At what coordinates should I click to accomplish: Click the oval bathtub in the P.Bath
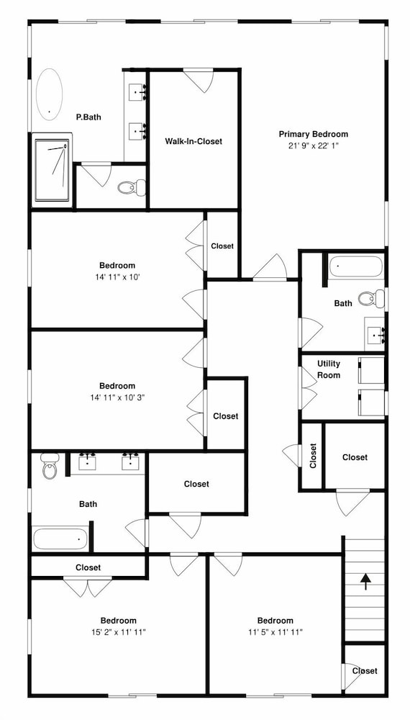point(49,94)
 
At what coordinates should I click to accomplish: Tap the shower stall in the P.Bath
point(52,171)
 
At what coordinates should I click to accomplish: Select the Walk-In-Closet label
point(193,141)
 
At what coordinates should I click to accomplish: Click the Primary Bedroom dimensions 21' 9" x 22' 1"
point(313,145)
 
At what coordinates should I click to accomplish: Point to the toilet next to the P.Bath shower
point(131,187)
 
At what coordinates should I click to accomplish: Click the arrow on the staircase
point(365,581)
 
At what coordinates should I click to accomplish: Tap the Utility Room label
point(329,369)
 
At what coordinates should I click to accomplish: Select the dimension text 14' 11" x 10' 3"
point(117,397)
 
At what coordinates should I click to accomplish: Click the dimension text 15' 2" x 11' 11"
point(118,632)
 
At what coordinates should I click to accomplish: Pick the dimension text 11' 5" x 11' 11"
point(275,632)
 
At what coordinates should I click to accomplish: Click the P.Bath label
point(88,117)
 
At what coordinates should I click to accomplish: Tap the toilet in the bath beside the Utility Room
point(371,298)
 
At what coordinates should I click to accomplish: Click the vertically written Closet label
point(313,456)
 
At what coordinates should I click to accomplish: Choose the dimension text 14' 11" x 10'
point(117,277)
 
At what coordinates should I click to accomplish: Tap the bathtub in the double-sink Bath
point(60,538)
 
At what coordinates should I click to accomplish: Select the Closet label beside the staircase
point(365,671)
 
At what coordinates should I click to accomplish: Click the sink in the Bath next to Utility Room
point(375,336)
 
